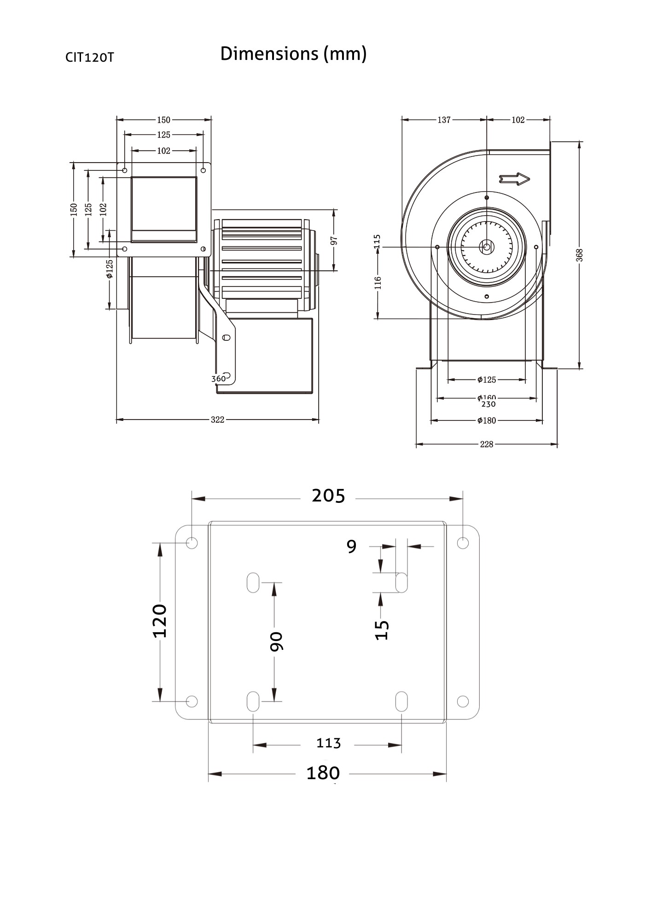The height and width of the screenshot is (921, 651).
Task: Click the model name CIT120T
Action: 89,58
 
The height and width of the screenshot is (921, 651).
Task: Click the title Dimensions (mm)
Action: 293,54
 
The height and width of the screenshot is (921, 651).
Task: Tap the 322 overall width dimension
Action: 217,420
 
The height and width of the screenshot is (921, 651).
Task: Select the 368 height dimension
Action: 580,255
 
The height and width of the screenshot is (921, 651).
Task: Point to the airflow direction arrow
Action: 514,179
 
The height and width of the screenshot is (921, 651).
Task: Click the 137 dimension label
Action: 444,120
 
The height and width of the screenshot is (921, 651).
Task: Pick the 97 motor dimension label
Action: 335,240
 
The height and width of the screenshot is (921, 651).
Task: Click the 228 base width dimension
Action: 486,444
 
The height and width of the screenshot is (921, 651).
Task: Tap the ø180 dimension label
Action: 486,420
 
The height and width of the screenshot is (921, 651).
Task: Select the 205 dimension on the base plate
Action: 328,496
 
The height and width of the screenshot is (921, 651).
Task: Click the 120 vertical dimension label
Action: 160,621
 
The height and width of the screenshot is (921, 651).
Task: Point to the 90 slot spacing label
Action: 276,641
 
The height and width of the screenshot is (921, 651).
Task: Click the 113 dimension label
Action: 328,743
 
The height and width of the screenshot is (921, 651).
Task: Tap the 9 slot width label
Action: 351,547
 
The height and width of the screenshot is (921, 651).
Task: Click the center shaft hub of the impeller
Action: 487,247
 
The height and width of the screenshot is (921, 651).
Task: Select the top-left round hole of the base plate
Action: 192,542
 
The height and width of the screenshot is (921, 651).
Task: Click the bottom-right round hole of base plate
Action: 463,701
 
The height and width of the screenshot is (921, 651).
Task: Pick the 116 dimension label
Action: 378,283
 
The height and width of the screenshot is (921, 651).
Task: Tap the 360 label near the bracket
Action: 218,379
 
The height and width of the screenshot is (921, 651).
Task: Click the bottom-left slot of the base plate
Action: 253,701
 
